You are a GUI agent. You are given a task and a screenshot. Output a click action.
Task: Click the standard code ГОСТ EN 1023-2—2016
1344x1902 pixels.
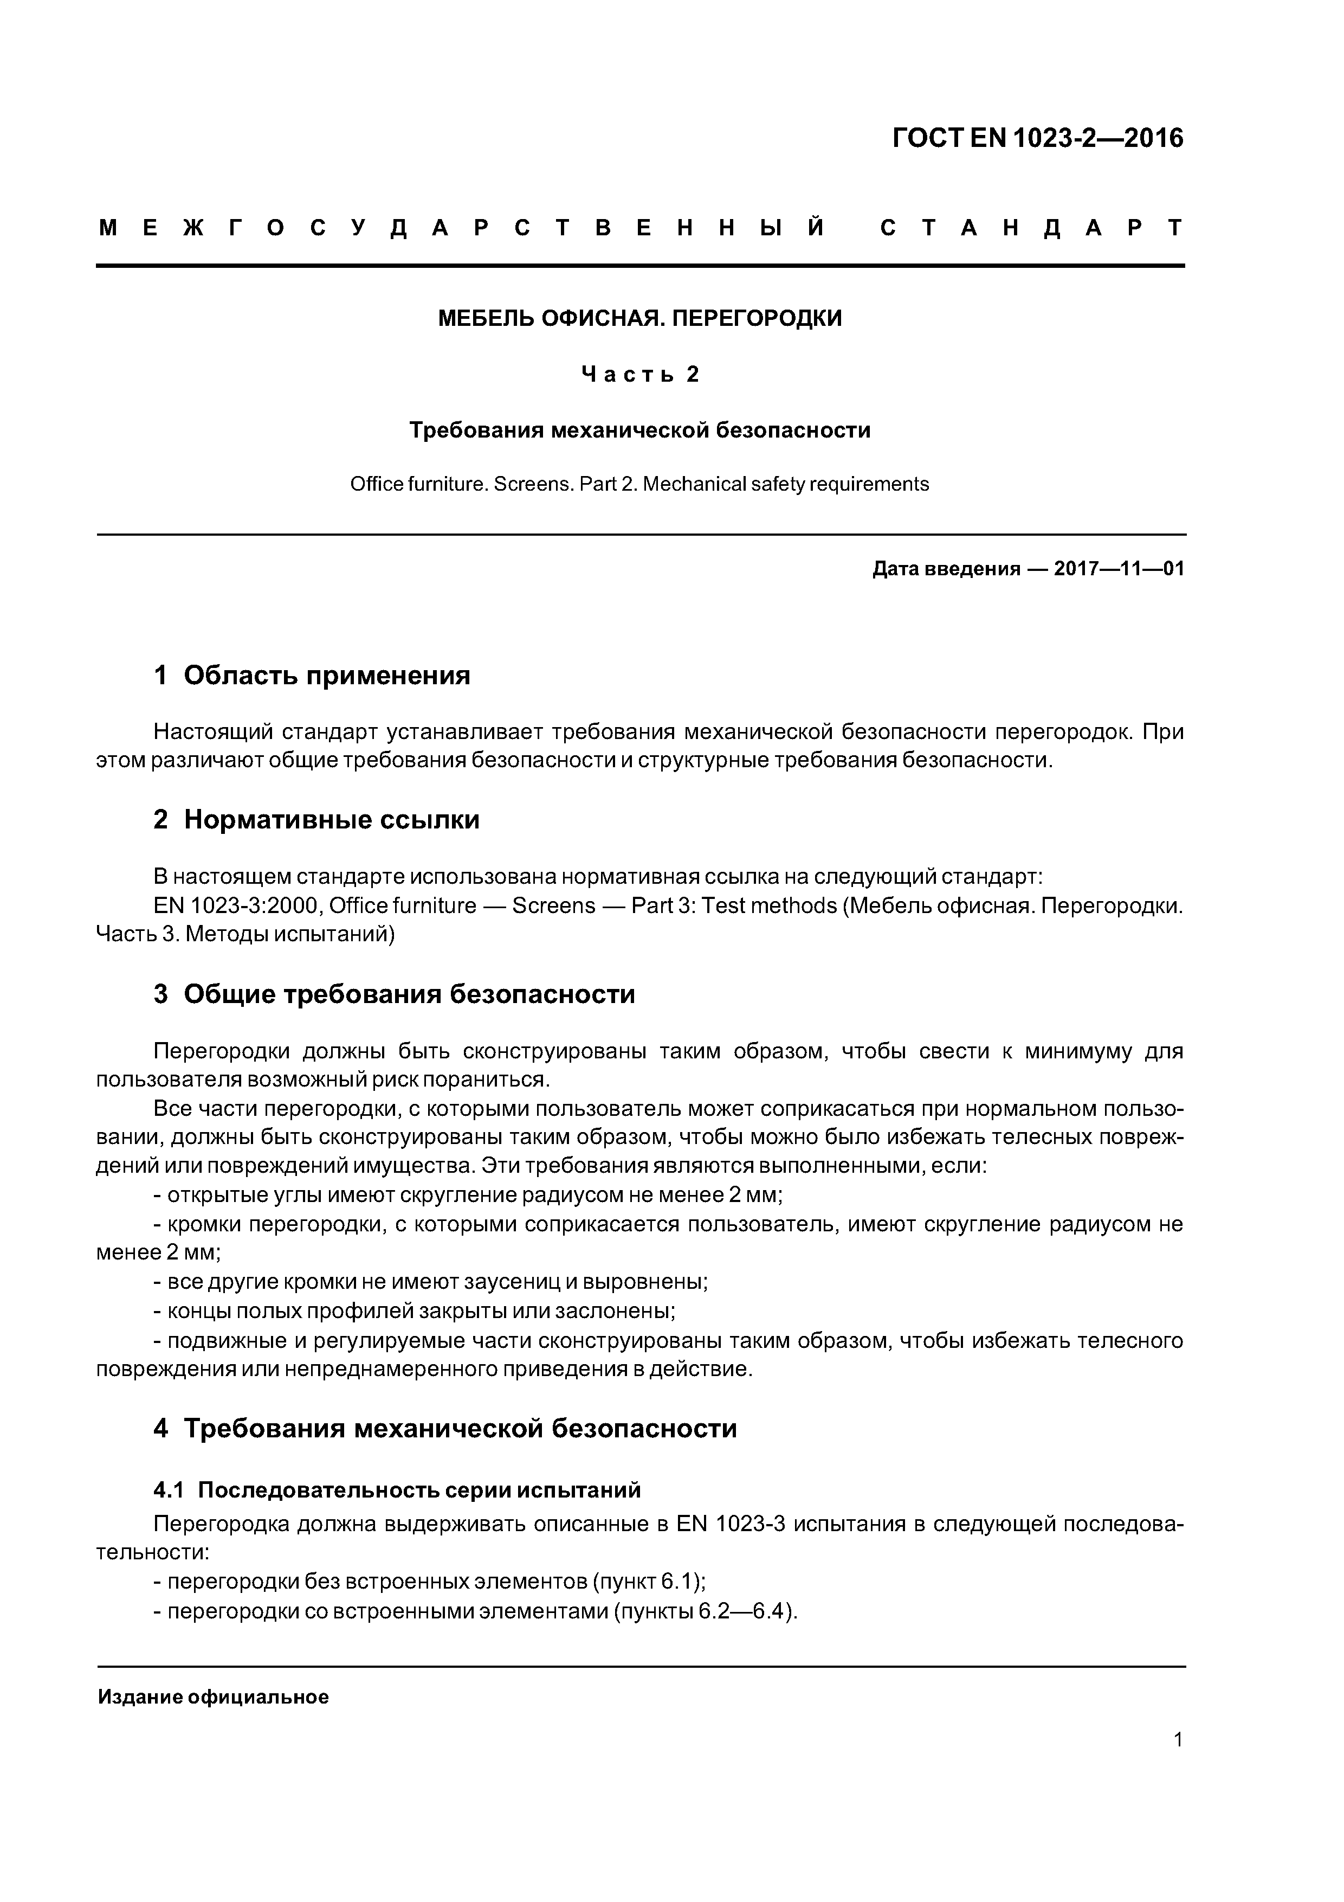[1038, 138]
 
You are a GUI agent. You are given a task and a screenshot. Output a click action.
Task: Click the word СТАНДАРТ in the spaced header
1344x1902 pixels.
[1031, 228]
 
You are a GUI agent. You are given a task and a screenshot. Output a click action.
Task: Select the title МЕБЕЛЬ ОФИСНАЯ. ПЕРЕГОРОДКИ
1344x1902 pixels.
[639, 318]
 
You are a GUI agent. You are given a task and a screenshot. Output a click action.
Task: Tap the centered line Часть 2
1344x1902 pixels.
[639, 375]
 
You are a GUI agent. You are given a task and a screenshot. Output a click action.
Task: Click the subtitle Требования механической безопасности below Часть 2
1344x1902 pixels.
[639, 430]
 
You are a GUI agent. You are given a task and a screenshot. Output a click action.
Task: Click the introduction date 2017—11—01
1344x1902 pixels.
[1119, 569]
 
